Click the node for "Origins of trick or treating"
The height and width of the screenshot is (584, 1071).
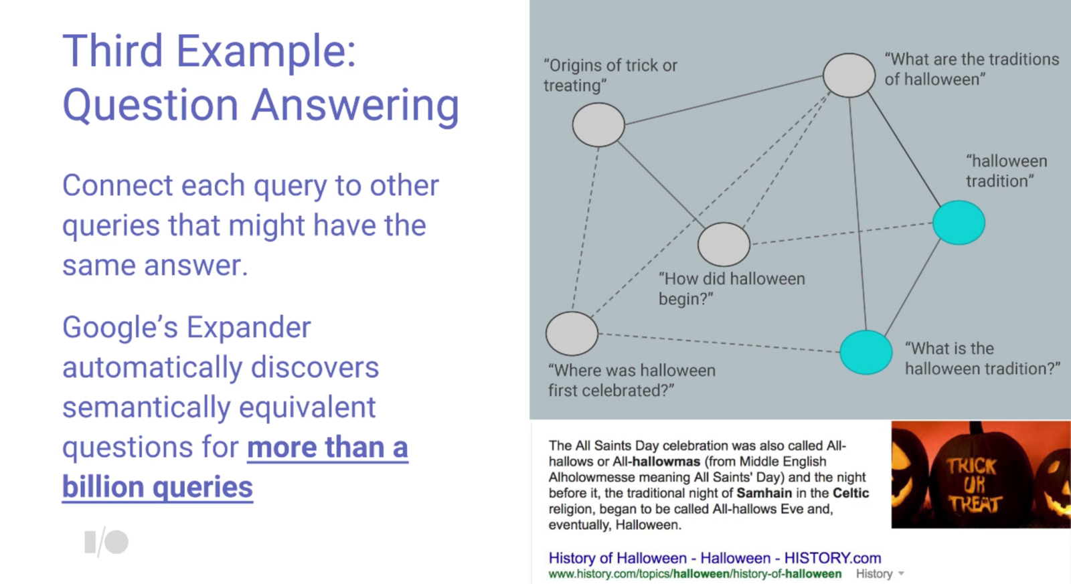pyautogui.click(x=598, y=124)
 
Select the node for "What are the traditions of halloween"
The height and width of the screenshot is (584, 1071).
pyautogui.click(x=849, y=76)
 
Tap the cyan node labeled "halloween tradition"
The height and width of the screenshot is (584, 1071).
pyautogui.click(x=959, y=223)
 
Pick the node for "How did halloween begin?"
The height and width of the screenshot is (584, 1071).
pyautogui.click(x=724, y=244)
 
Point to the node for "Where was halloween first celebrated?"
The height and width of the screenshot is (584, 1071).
pyautogui.click(x=572, y=334)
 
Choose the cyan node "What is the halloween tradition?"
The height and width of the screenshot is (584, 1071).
pyautogui.click(x=866, y=353)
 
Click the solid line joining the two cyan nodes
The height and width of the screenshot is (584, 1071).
pyautogui.click(x=912, y=288)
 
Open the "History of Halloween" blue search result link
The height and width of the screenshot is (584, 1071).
pyautogui.click(x=714, y=558)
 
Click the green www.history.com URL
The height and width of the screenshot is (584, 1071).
pyautogui.click(x=695, y=573)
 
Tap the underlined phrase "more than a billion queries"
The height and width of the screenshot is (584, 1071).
pyautogui.click(x=235, y=466)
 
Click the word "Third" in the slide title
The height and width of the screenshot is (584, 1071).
pyautogui.click(x=113, y=51)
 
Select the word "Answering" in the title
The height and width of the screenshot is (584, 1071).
pyautogui.click(x=355, y=106)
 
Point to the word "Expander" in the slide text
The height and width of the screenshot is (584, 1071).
pyautogui.click(x=248, y=328)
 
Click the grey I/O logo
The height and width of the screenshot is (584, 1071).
pyautogui.click(x=106, y=543)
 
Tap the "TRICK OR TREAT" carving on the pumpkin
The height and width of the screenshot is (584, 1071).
pyautogui.click(x=973, y=484)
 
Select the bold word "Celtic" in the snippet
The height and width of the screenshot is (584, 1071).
pyautogui.click(x=851, y=493)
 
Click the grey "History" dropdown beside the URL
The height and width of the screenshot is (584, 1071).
pyautogui.click(x=880, y=573)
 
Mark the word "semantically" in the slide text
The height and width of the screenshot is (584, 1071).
pyautogui.click(x=147, y=407)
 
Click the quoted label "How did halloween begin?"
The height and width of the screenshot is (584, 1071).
pyautogui.click(x=732, y=288)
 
